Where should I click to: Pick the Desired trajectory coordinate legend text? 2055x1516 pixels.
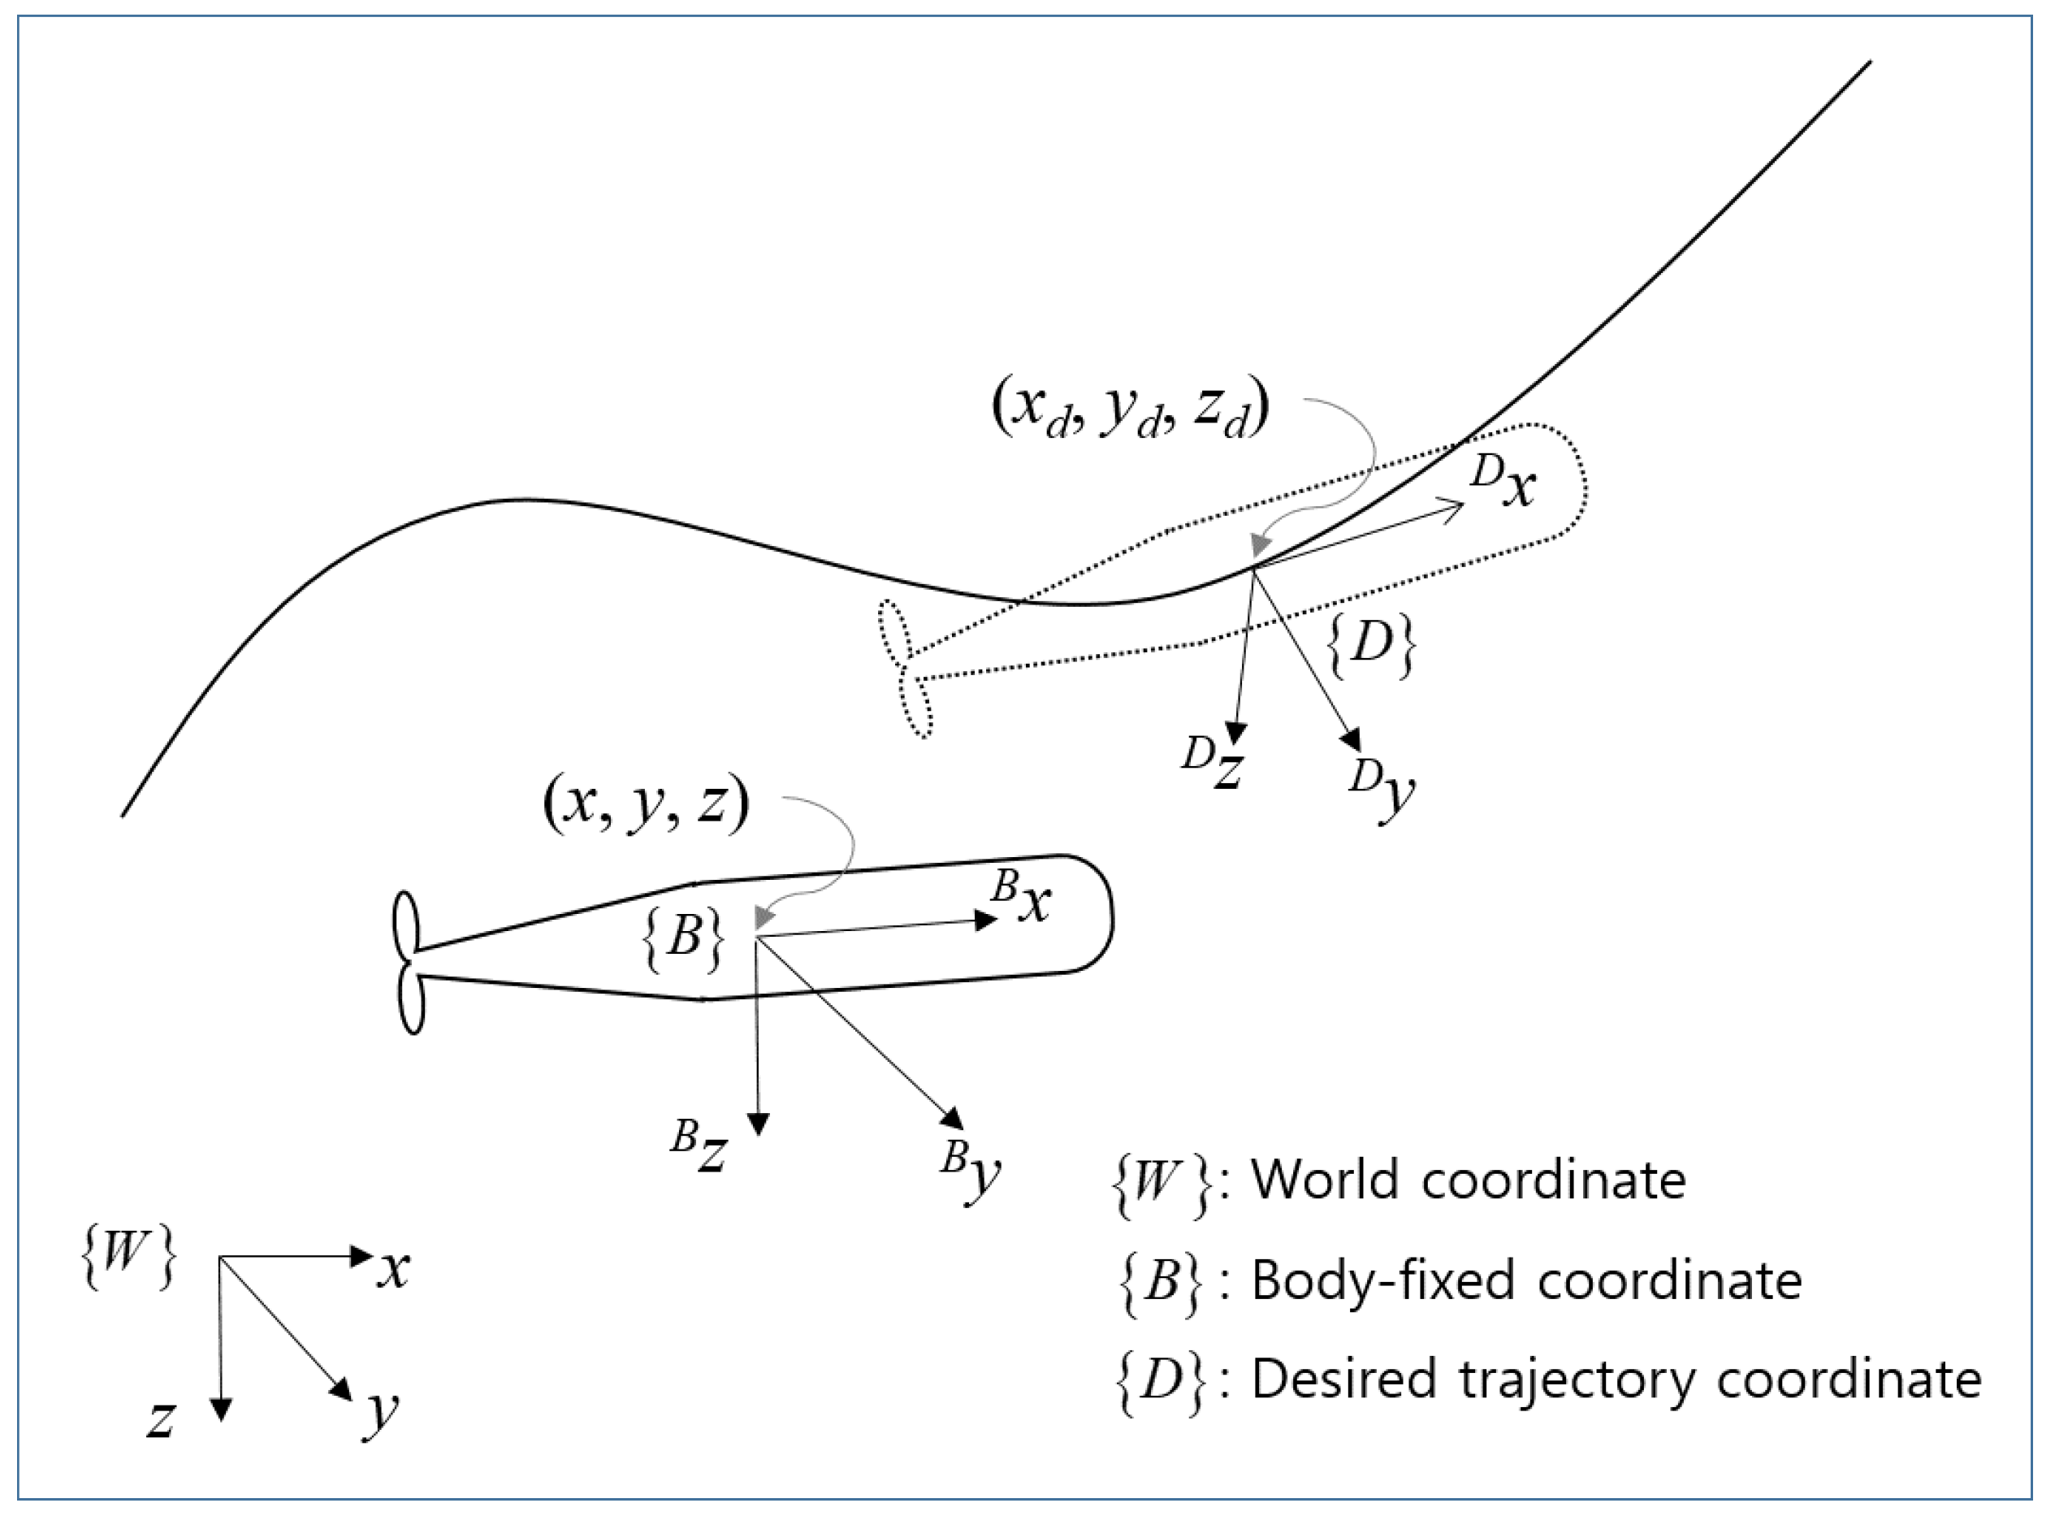click(x=1616, y=1379)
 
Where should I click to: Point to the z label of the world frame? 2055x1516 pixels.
click(x=162, y=1419)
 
